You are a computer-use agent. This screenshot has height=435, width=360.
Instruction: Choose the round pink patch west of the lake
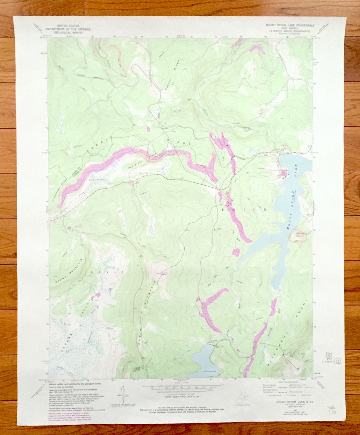[236, 252]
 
